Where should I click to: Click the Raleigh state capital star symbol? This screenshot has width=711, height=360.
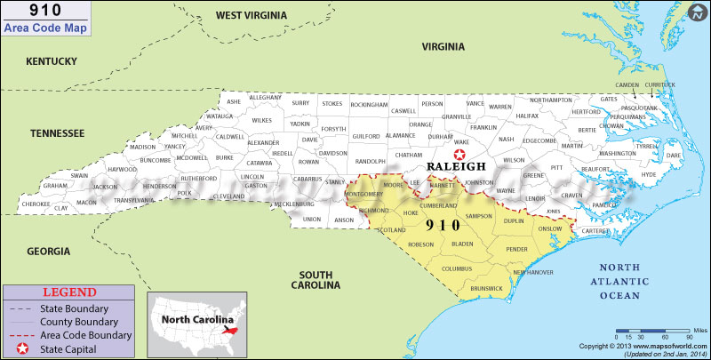[459, 154]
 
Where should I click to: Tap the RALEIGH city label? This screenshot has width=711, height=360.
[457, 166]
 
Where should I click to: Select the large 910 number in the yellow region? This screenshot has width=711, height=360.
[443, 225]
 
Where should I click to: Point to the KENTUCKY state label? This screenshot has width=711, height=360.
[52, 60]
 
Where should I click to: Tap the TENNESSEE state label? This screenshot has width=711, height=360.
[57, 133]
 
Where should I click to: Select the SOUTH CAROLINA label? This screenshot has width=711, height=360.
[319, 279]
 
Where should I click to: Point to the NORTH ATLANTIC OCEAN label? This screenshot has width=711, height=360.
[630, 282]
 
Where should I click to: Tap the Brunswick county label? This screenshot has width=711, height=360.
[487, 288]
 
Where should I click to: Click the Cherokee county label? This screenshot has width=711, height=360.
[36, 204]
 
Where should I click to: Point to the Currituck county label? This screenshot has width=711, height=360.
[659, 84]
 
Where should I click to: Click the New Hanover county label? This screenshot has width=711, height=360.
[532, 272]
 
